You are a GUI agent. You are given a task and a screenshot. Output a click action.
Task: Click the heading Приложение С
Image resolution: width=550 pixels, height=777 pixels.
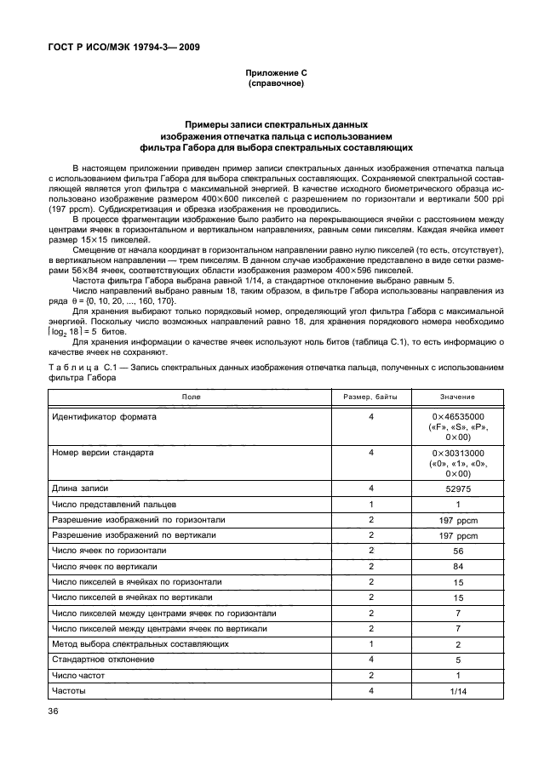[x=275, y=75]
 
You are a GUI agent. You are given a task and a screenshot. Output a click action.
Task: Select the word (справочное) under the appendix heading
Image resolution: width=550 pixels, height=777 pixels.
[x=275, y=85]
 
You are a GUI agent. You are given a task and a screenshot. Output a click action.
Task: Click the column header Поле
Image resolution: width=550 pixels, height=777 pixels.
[x=186, y=397]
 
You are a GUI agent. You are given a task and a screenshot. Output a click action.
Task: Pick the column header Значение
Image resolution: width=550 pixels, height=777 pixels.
[x=458, y=397]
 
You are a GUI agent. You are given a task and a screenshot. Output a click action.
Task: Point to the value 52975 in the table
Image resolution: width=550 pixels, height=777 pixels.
[x=458, y=489]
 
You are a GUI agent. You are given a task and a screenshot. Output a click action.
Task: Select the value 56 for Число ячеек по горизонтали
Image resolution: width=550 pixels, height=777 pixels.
[x=458, y=551]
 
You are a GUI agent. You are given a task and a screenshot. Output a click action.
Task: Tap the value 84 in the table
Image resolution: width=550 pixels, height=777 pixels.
[x=458, y=567]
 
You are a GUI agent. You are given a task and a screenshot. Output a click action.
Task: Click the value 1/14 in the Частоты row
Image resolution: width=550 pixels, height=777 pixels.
[x=458, y=691]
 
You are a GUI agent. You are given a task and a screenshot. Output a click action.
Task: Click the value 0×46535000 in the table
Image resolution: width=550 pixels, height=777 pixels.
[x=458, y=417]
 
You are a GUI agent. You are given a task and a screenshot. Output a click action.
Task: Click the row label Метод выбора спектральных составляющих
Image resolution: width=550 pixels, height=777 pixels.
[x=140, y=644]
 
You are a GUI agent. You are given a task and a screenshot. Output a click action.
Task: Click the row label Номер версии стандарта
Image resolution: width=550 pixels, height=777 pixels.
[x=103, y=454]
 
